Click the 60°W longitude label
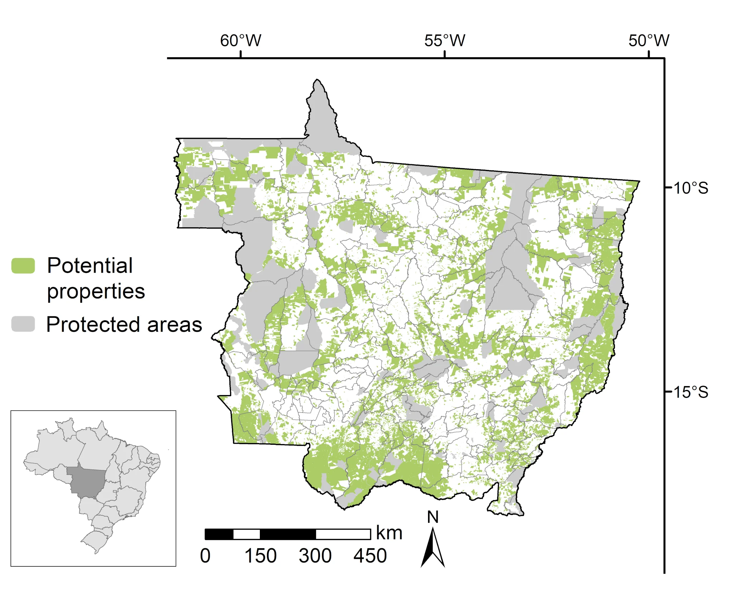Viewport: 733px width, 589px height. [241, 40]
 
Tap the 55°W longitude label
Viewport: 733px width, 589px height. [445, 40]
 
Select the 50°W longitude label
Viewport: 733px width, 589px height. [649, 40]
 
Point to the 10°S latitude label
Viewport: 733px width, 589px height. [691, 188]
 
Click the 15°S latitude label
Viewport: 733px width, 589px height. [691, 392]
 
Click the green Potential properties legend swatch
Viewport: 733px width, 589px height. [23, 266]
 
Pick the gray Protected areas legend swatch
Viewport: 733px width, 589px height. [23, 324]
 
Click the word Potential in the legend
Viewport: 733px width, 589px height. [90, 266]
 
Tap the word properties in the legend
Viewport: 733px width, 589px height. [96, 291]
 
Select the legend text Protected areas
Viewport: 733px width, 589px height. [124, 324]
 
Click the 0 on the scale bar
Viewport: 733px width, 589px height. [205, 556]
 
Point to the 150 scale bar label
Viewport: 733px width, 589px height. [260, 556]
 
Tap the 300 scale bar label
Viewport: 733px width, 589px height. [315, 556]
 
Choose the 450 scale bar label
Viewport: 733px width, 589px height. [370, 556]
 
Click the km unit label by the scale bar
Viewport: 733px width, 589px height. [389, 533]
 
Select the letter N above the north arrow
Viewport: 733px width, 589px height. [433, 517]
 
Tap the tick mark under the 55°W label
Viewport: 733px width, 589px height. [445, 54]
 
